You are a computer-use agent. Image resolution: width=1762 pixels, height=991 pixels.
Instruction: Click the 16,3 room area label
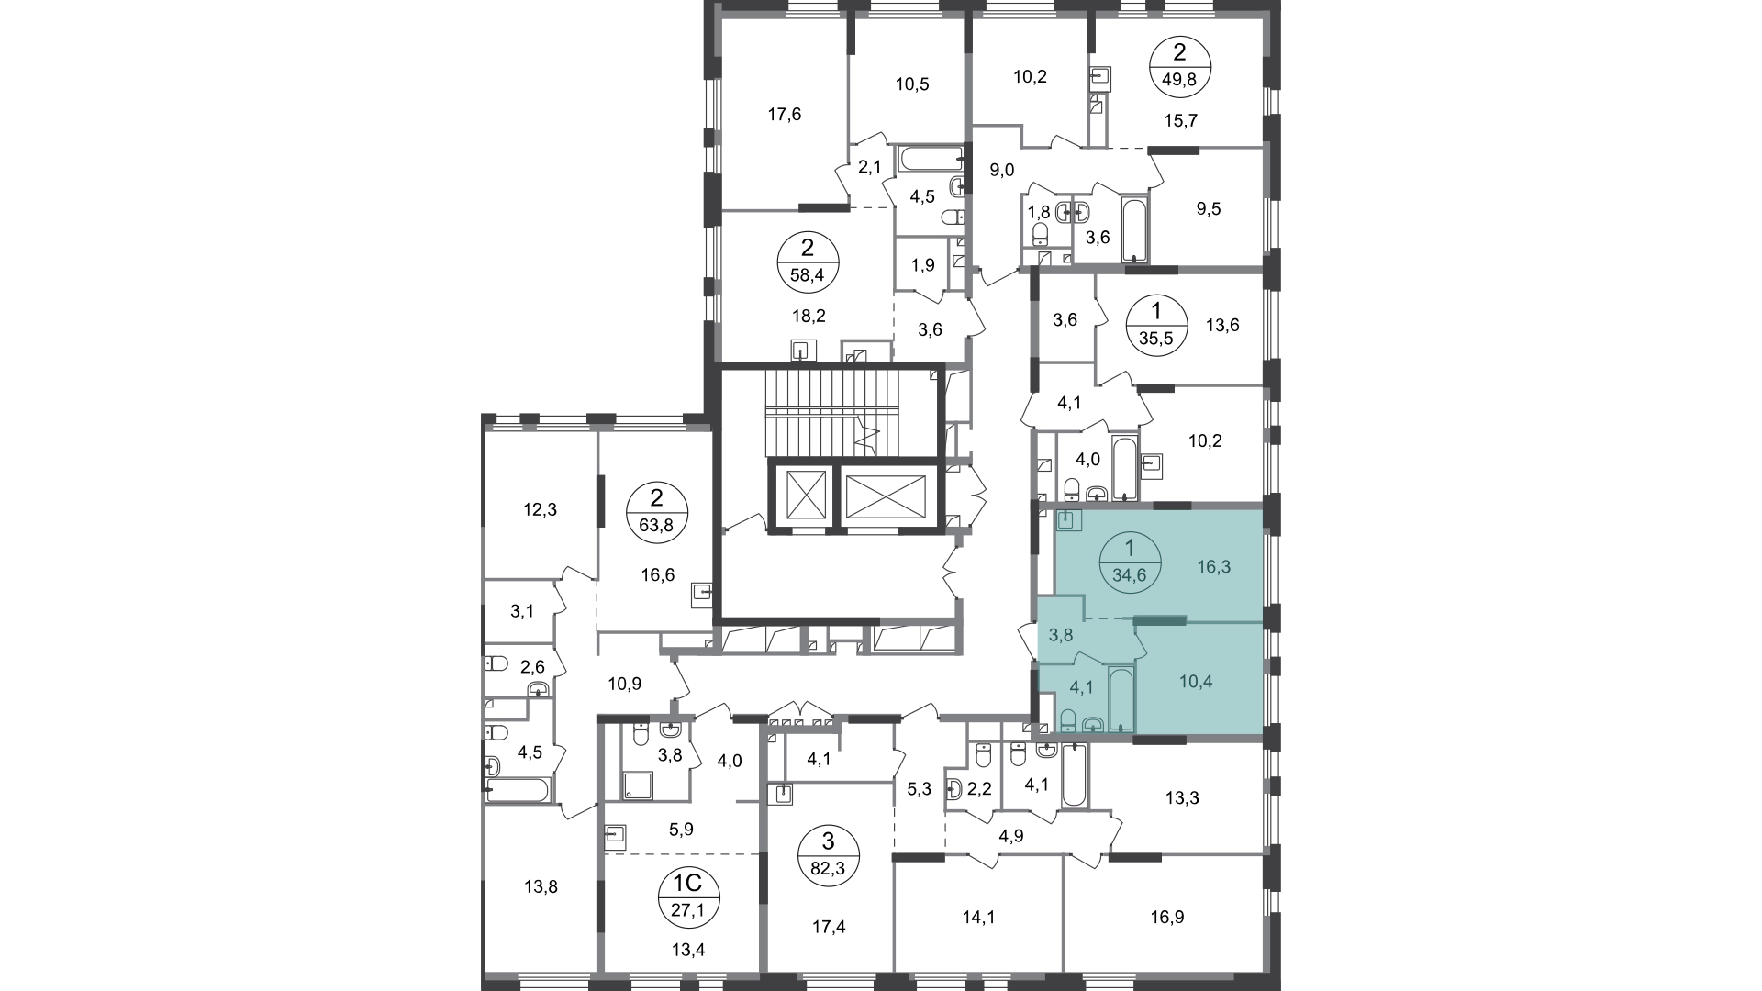pos(1213,567)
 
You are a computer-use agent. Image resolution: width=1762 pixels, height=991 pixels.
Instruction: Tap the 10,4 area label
pos(1196,682)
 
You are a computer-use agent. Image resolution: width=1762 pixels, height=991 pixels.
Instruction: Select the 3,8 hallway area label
pos(1061,634)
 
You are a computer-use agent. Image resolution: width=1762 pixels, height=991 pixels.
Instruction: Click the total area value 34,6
pos(1130,576)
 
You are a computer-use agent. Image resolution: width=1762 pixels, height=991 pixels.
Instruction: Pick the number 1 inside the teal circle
pos(1130,549)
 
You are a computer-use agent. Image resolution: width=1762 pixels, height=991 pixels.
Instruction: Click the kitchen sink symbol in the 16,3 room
pos(1069,521)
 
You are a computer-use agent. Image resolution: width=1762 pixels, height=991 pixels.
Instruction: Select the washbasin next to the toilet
pos(1092,724)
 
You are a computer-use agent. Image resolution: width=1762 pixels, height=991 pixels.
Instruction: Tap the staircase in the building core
pos(853,413)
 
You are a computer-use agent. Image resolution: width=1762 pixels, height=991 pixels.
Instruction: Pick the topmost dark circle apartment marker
pos(1182,64)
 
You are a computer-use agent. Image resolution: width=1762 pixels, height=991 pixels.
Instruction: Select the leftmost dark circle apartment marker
pos(656,511)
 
